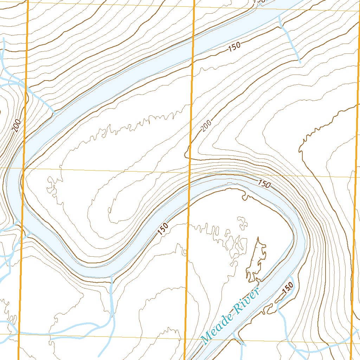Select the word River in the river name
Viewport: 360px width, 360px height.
(x=247, y=301)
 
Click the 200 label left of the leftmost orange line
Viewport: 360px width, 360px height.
(x=17, y=126)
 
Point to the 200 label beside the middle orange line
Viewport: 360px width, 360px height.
(x=207, y=126)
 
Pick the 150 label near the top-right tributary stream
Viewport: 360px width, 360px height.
(x=234, y=47)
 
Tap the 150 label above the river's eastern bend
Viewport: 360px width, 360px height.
(x=264, y=183)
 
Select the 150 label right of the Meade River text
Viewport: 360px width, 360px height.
(x=288, y=289)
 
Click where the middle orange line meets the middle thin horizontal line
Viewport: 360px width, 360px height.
(x=190, y=172)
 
